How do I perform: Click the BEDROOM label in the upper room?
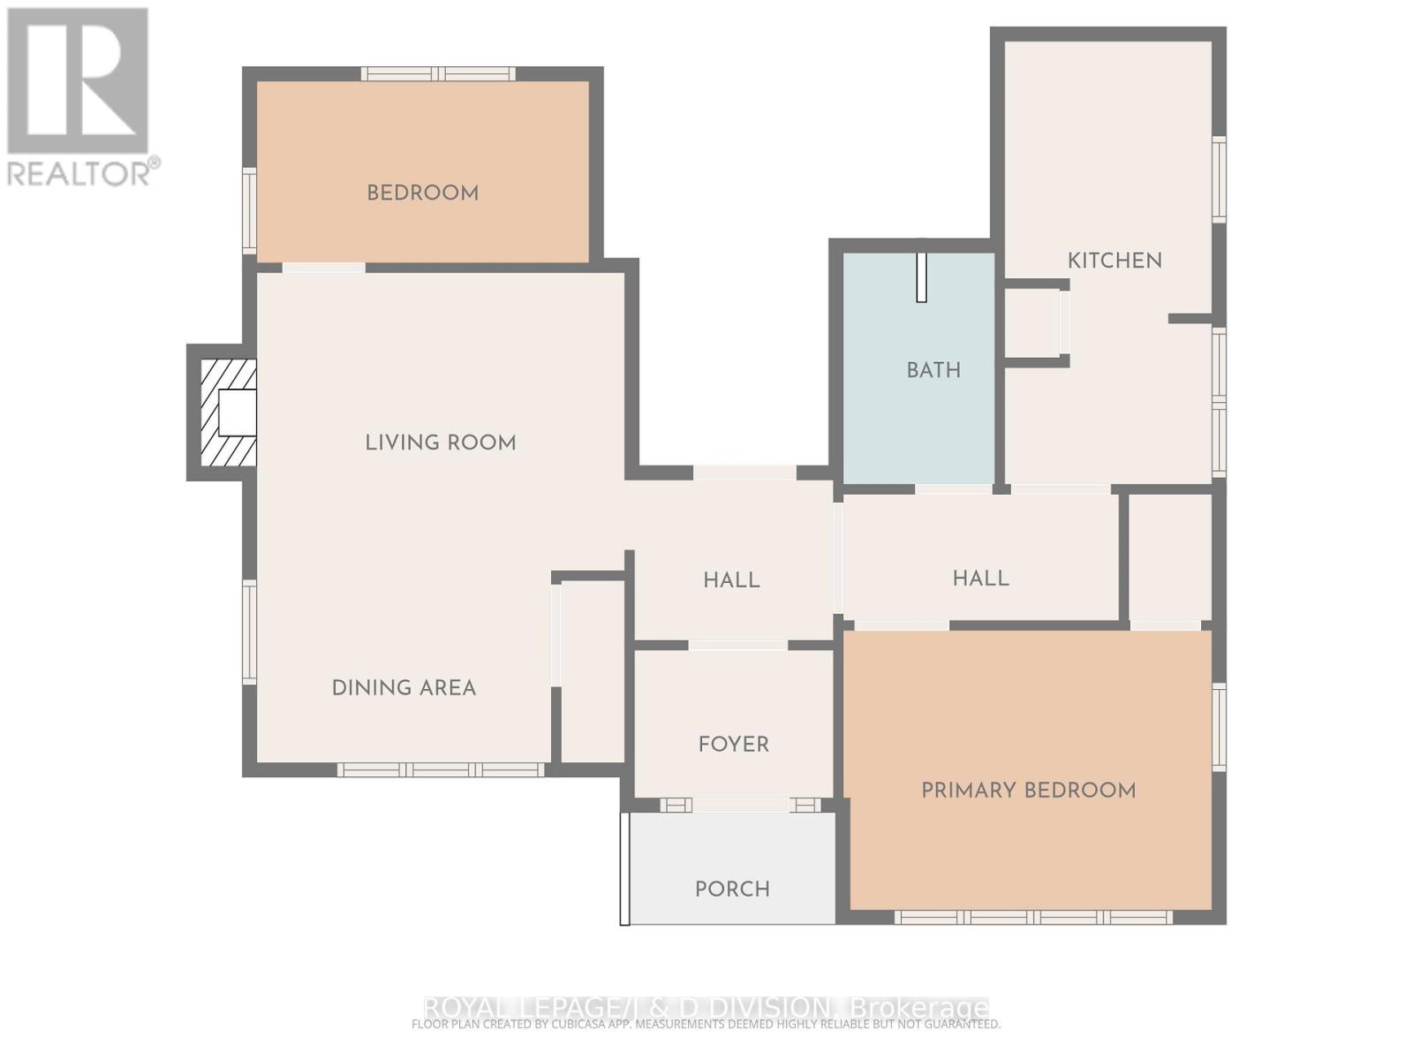click(422, 193)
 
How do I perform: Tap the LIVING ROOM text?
click(440, 443)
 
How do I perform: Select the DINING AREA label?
click(404, 688)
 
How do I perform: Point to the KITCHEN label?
click(1115, 261)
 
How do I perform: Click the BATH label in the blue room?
click(933, 370)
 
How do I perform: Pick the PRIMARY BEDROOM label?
click(1028, 791)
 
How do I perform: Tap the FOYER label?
click(733, 745)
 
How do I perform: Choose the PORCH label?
click(732, 890)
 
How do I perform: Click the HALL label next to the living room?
click(731, 580)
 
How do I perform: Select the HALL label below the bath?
click(980, 579)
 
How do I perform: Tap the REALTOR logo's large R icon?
click(78, 81)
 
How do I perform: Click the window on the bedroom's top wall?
click(439, 74)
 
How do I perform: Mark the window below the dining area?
click(441, 770)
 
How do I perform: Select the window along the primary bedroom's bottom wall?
click(1033, 918)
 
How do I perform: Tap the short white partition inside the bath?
click(921, 277)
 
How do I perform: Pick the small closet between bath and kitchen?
click(1033, 322)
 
